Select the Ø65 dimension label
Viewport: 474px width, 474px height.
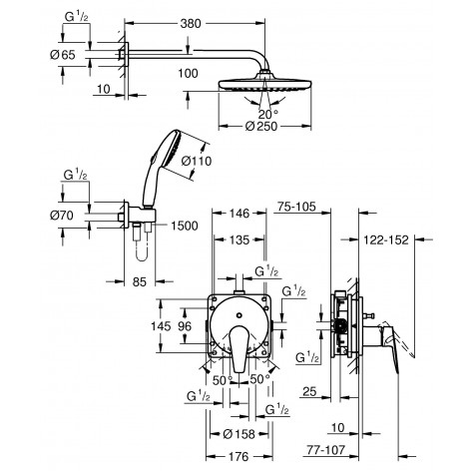60,55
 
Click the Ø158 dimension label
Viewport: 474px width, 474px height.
238,434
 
